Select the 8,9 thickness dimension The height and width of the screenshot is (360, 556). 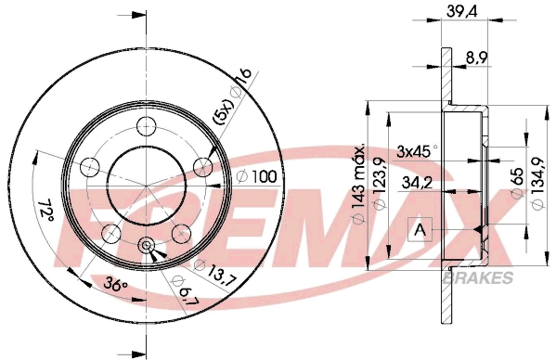point(477,57)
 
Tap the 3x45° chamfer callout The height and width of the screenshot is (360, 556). point(417,150)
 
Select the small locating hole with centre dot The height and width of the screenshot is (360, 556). point(147,245)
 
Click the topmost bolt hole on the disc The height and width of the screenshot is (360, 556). point(147,126)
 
